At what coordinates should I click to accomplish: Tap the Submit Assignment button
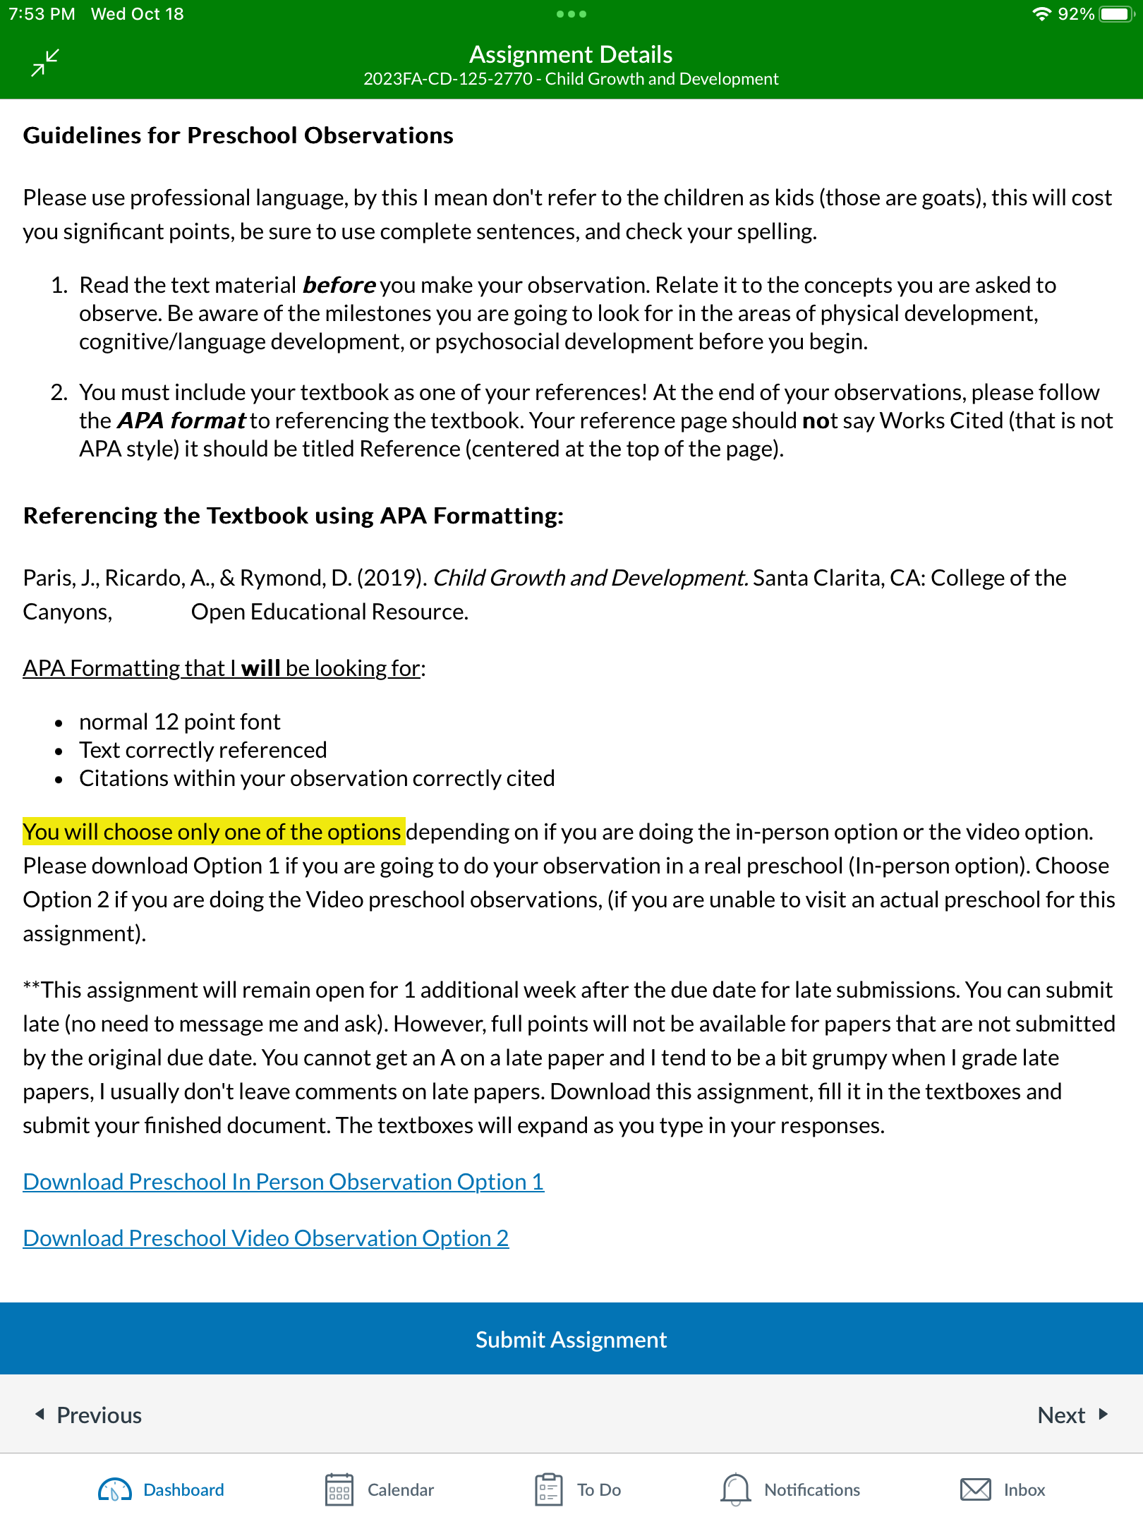coord(571,1339)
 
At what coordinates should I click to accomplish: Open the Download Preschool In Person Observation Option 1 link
coord(283,1182)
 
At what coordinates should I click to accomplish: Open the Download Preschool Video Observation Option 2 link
coord(265,1238)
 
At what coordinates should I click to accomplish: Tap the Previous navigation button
coord(89,1415)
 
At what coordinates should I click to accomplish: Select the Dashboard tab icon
coord(115,1489)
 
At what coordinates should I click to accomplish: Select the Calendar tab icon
coord(339,1489)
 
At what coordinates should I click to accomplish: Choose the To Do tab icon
coord(548,1489)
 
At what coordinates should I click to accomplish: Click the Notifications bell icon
coord(735,1489)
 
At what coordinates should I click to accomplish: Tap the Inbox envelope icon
coord(976,1489)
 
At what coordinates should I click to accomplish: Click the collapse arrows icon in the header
coord(45,63)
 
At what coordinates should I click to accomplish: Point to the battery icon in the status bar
coord(1115,14)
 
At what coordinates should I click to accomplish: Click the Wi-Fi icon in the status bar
coord(1041,14)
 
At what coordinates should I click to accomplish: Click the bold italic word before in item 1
coord(339,285)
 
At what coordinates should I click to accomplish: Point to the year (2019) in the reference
coord(392,578)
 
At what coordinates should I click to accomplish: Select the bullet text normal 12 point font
coord(180,722)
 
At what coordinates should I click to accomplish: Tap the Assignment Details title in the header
coord(571,54)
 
